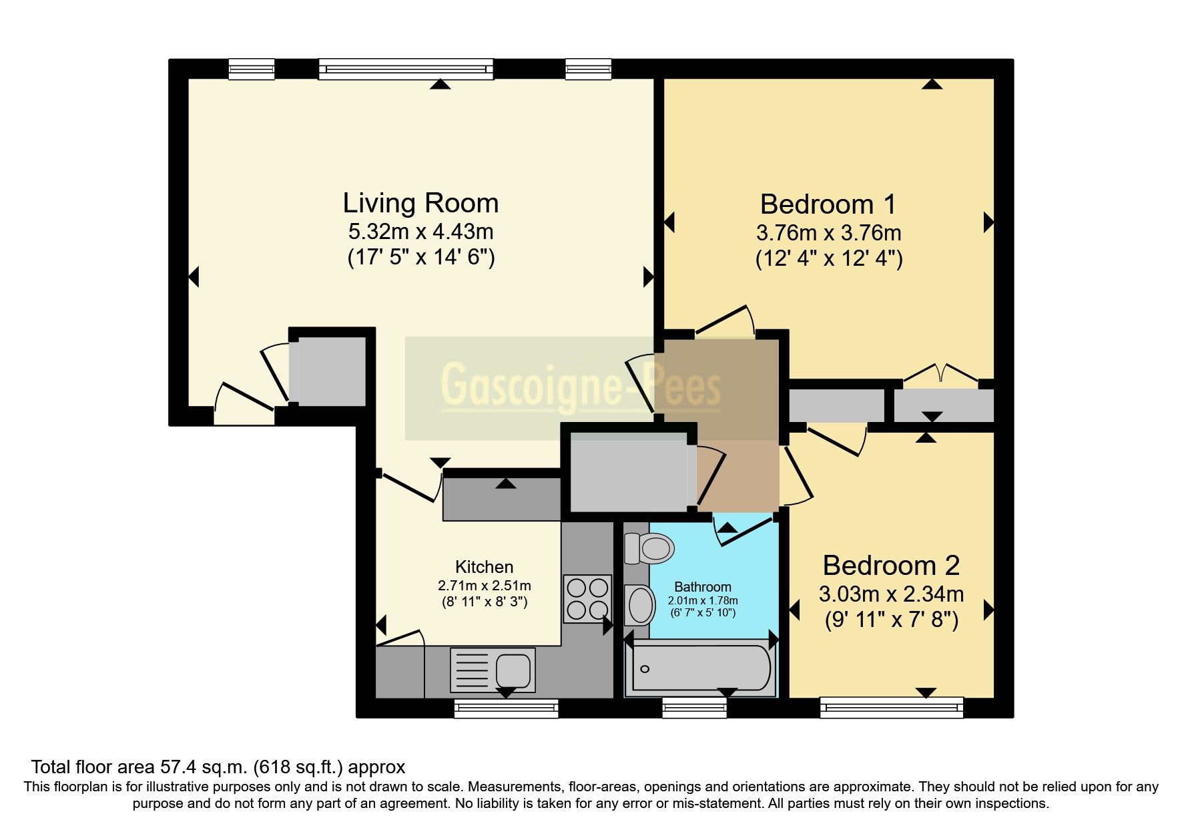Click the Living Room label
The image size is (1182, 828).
(x=420, y=203)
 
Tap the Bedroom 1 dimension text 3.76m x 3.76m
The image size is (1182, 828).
(x=828, y=233)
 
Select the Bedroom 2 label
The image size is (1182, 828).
(x=891, y=566)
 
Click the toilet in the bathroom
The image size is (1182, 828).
(x=649, y=548)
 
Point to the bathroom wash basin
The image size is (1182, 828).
(x=639, y=605)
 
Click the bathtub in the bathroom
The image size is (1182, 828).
(x=701, y=668)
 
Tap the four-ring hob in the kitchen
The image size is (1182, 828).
(x=587, y=598)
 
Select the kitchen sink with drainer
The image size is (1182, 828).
(x=493, y=670)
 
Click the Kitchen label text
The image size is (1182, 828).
(x=484, y=567)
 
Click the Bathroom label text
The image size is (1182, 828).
(x=702, y=587)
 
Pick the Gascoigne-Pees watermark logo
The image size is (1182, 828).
(x=580, y=387)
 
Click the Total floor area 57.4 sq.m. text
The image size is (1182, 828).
(x=218, y=767)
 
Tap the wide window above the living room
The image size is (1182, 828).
(x=406, y=69)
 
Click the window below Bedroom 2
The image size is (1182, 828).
(x=891, y=708)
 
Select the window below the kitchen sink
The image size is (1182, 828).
(x=506, y=708)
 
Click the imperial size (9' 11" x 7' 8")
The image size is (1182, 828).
(x=891, y=620)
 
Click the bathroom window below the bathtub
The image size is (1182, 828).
(x=694, y=708)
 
